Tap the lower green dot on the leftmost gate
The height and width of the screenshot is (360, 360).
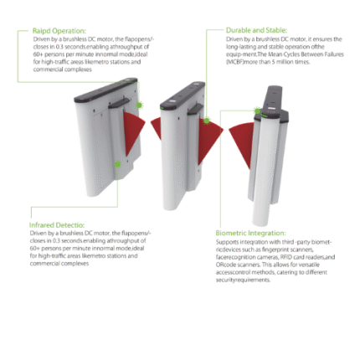point(117,165)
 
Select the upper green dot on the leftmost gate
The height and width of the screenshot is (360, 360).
point(140,105)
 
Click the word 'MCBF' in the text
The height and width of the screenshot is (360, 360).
point(236,61)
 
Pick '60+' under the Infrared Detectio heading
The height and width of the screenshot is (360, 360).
point(36,249)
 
